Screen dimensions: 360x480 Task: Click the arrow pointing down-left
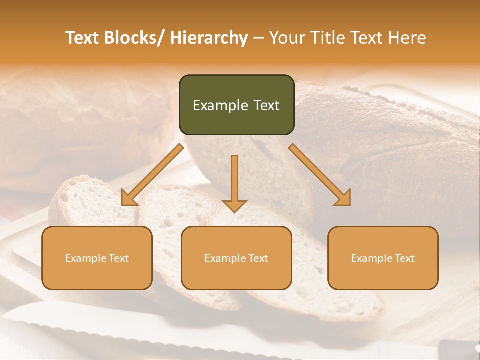tap(152, 175)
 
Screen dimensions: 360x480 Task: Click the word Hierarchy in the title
tap(209, 38)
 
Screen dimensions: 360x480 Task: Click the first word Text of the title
tap(83, 38)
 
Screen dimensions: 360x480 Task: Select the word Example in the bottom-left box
tap(86, 258)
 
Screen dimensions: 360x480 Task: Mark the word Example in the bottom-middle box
tap(225, 258)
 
